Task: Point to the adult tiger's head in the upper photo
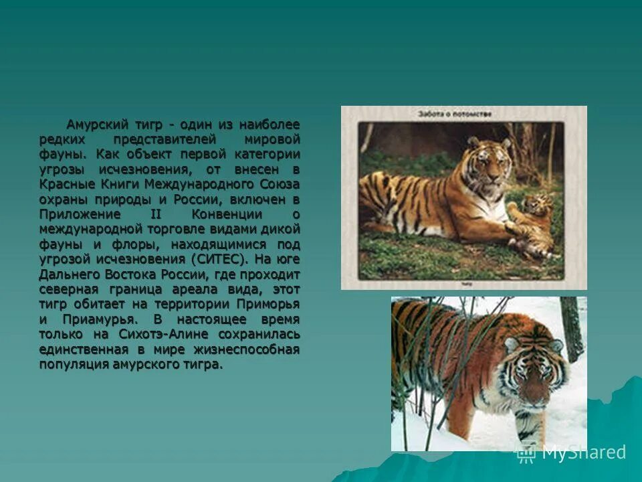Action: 486,161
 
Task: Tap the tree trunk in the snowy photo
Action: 572,328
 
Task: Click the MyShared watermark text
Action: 583,453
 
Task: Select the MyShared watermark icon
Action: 525,453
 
